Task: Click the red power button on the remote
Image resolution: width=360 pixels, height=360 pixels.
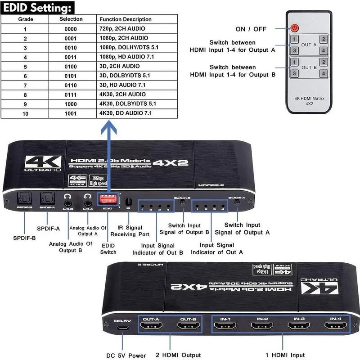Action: click(295, 28)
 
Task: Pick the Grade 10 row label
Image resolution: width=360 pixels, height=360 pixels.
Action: click(25, 113)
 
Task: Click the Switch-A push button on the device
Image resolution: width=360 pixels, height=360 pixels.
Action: click(237, 203)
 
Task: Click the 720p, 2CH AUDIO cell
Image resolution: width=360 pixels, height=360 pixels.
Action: click(122, 28)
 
